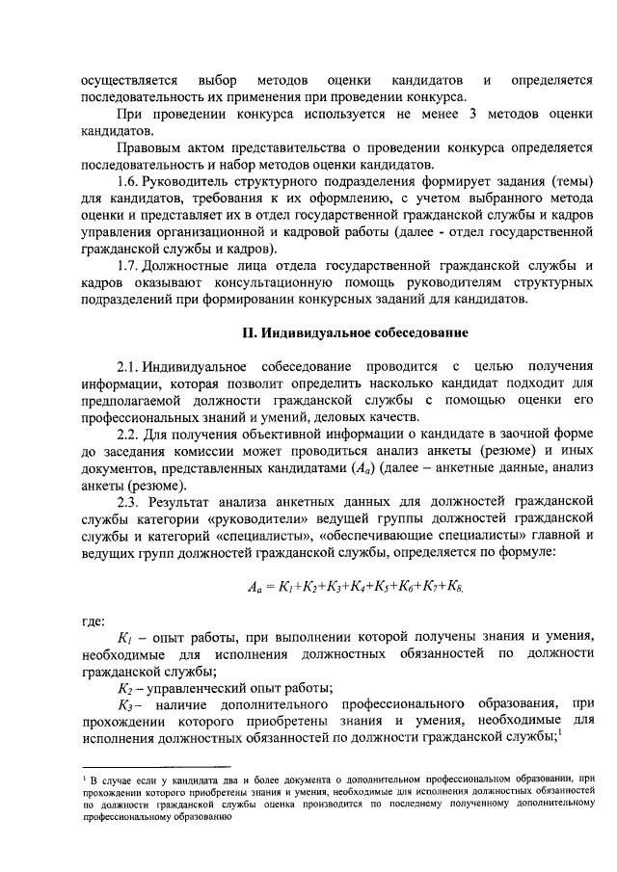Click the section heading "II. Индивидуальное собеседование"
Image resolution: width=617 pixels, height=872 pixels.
tap(355, 332)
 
